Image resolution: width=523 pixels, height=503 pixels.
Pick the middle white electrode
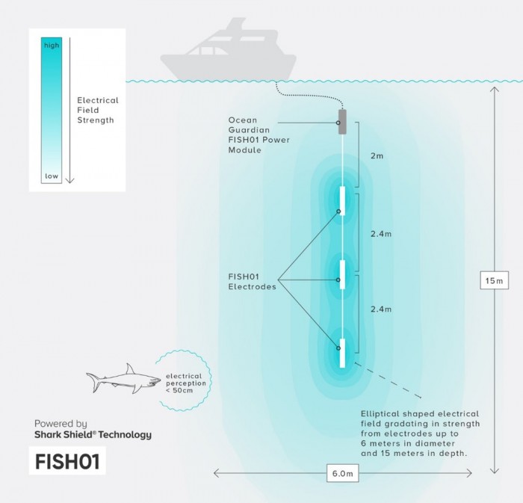(342, 274)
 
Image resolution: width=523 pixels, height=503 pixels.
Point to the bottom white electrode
(342, 354)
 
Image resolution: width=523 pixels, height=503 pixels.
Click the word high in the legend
(51, 46)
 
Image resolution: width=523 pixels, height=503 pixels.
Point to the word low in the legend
(51, 176)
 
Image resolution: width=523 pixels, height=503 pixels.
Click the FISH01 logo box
(69, 461)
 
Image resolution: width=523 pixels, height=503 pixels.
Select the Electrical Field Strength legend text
(98, 109)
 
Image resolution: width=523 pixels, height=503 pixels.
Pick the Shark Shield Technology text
(93, 434)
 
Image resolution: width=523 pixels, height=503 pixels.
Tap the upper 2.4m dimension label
(381, 234)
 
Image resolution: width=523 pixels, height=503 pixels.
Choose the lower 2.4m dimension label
(381, 309)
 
